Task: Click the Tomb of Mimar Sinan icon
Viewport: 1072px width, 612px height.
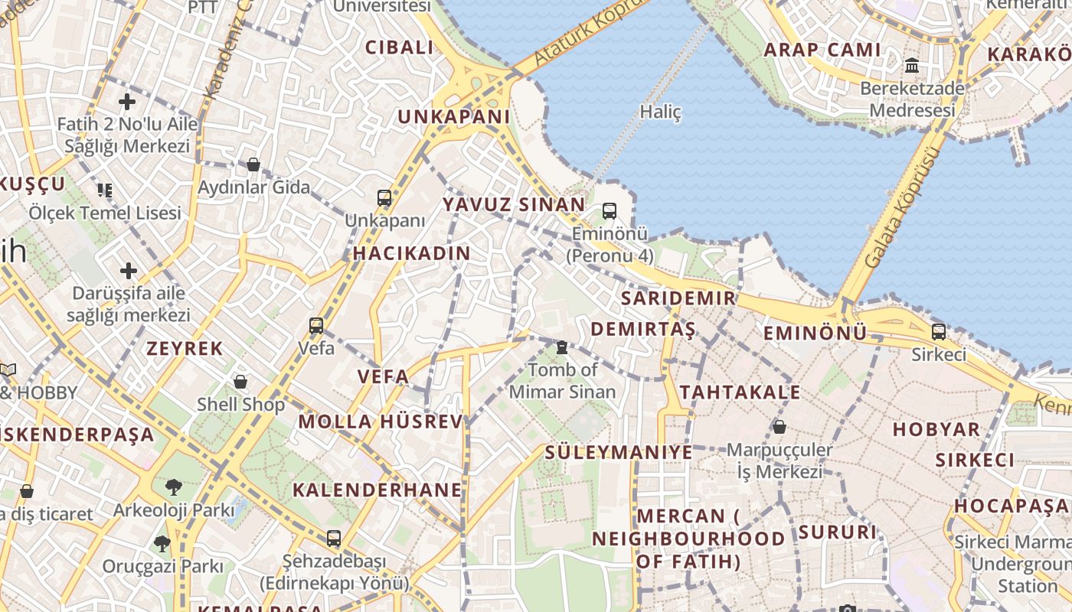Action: click(x=562, y=347)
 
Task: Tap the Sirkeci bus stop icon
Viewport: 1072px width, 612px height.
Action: click(x=939, y=332)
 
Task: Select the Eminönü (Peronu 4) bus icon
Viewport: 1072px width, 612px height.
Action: click(x=610, y=211)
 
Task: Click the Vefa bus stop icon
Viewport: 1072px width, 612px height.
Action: click(x=316, y=326)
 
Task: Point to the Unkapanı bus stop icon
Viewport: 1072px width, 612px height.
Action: click(x=384, y=198)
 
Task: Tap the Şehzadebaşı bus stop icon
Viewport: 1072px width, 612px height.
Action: click(x=334, y=539)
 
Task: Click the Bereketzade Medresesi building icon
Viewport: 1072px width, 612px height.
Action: click(x=912, y=66)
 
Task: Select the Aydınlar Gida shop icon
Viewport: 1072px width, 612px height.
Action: click(x=253, y=164)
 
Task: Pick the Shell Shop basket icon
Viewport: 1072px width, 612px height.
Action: click(x=240, y=382)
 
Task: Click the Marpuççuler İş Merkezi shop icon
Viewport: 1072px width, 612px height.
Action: click(x=779, y=427)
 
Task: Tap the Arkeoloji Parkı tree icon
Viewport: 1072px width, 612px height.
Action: click(x=174, y=487)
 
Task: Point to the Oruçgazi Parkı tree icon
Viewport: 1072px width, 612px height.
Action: click(x=162, y=544)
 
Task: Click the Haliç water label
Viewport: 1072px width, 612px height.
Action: click(x=660, y=112)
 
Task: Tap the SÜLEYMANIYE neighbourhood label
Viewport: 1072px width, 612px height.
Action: click(x=619, y=452)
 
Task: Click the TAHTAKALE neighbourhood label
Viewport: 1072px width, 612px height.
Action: click(x=740, y=392)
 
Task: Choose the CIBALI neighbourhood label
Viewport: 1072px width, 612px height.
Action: click(x=399, y=47)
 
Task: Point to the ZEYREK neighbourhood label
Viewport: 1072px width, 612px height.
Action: click(x=185, y=349)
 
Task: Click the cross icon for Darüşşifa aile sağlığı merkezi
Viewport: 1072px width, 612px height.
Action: click(x=128, y=271)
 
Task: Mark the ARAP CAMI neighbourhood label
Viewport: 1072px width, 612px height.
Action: click(x=822, y=50)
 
